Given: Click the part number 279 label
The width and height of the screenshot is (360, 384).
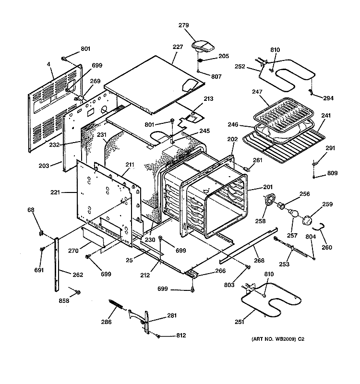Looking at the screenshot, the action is click(x=183, y=25).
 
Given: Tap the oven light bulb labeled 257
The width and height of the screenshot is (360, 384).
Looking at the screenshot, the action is click(x=293, y=213).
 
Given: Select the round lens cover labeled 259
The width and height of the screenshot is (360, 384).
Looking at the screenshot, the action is click(x=307, y=220).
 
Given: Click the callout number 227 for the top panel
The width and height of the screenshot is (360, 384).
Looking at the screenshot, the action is click(x=178, y=47).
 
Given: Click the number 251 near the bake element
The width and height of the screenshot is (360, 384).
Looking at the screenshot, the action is click(x=239, y=322).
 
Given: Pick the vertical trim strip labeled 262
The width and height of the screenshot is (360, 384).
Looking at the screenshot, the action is click(x=57, y=264).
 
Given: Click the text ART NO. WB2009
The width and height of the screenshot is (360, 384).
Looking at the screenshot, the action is click(x=274, y=339).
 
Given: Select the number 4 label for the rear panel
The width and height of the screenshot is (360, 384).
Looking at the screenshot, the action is click(x=48, y=64).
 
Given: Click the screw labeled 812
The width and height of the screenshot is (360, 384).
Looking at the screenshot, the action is click(x=158, y=336).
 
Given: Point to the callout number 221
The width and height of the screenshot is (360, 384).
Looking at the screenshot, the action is click(x=55, y=192).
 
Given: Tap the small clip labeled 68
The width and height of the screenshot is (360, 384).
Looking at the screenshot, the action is click(x=41, y=233).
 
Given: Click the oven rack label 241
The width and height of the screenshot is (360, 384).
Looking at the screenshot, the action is click(x=326, y=115).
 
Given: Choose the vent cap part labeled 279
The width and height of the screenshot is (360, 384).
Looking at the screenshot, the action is click(x=203, y=47).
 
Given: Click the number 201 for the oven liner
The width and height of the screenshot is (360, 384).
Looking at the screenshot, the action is click(x=268, y=187).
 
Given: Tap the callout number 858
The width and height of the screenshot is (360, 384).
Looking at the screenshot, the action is click(x=64, y=301).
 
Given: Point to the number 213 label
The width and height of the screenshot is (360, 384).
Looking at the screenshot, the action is click(x=208, y=98).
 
